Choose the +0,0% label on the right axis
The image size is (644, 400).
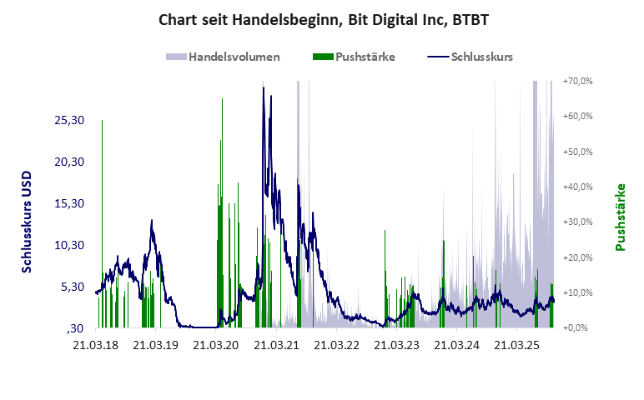[580, 327]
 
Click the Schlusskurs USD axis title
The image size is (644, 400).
[28, 222]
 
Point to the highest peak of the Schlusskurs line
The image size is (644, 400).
[264, 87]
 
